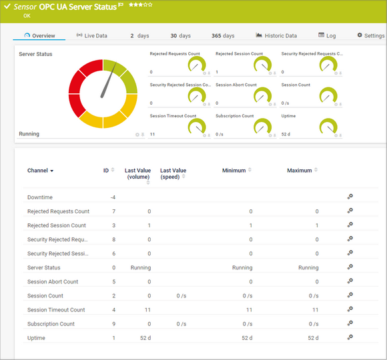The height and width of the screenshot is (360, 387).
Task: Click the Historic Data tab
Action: pos(276,35)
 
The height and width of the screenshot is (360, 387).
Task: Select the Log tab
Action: pos(327,35)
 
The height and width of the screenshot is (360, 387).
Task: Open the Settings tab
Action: pos(370,35)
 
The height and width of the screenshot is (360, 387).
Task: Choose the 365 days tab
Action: pos(223,35)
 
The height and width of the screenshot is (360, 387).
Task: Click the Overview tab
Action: pos(39,35)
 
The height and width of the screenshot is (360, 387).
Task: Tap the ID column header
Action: pos(106,171)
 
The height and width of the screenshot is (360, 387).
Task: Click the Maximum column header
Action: pos(300,171)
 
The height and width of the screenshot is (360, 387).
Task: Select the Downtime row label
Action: pos(40,197)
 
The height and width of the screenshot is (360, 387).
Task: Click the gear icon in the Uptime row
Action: pos(350,337)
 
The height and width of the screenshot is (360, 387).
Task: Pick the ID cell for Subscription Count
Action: pos(114,324)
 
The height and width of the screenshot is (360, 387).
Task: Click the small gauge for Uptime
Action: pos(328,126)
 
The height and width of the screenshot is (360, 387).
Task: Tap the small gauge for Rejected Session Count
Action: pos(263,65)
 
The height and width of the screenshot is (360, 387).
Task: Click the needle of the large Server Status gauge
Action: pos(108,81)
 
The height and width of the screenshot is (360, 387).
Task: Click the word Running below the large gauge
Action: pos(29,134)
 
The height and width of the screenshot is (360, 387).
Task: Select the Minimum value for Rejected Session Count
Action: pos(250,225)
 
